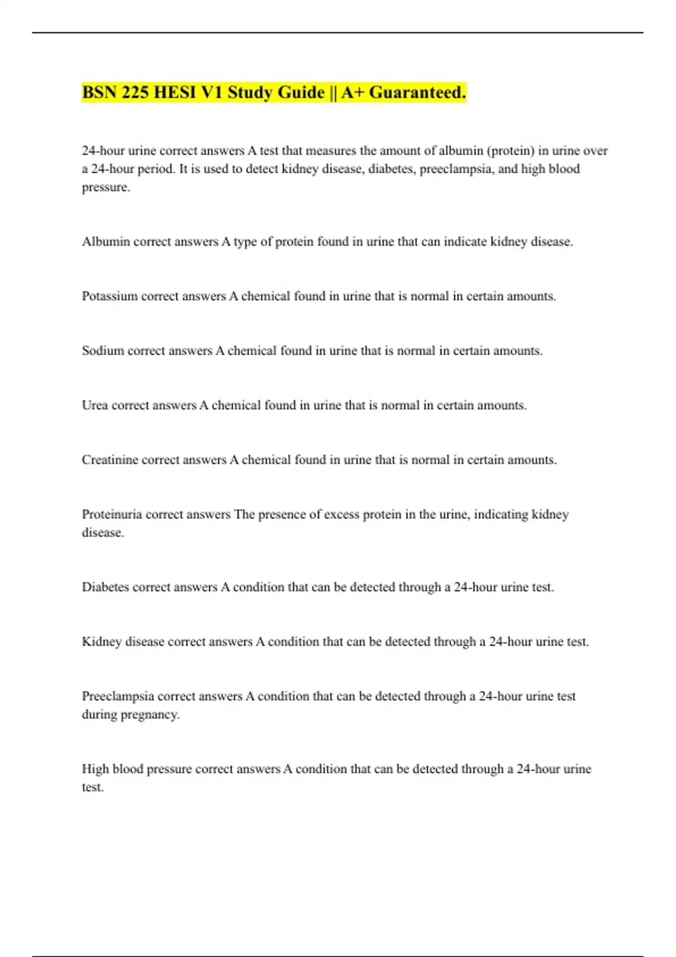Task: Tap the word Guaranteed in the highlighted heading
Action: [x=417, y=92]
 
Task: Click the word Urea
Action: [x=95, y=405]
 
